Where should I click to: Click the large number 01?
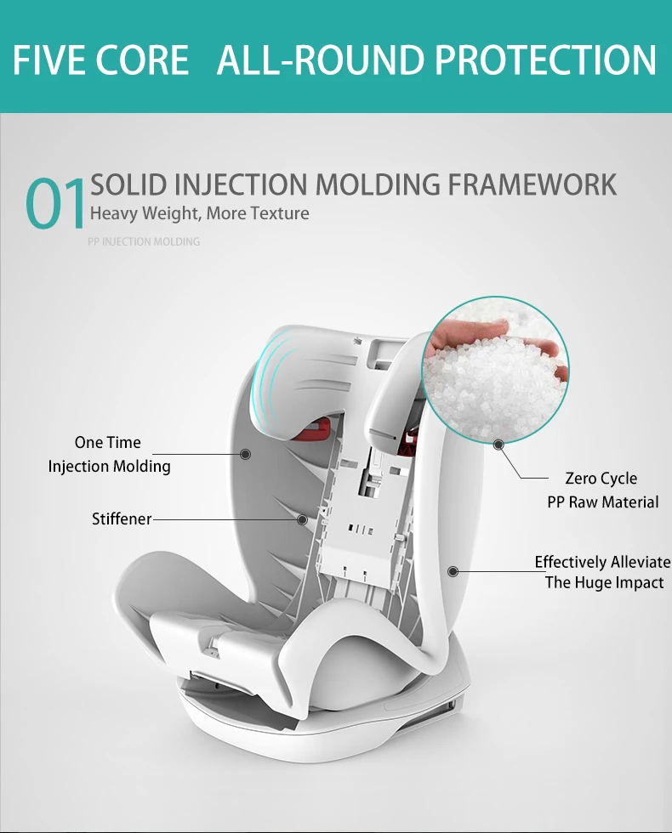click(x=56, y=205)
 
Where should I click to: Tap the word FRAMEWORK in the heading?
click(x=533, y=184)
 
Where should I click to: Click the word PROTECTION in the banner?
click(x=545, y=60)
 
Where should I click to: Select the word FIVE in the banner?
click(x=55, y=60)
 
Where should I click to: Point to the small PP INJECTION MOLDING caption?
click(x=144, y=242)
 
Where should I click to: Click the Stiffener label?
click(x=122, y=518)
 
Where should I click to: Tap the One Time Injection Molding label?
click(x=109, y=454)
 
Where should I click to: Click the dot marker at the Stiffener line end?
click(x=301, y=518)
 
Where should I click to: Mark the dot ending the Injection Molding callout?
click(x=246, y=455)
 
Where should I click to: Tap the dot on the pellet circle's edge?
click(x=498, y=444)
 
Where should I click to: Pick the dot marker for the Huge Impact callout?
click(x=453, y=571)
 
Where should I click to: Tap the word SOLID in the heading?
click(x=128, y=184)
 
